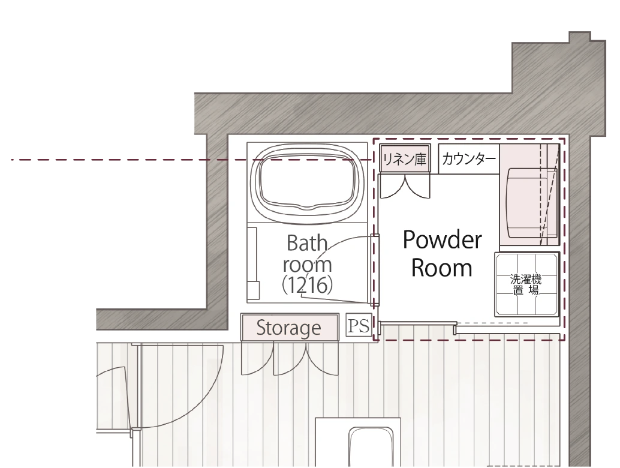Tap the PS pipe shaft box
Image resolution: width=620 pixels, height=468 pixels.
point(359,325)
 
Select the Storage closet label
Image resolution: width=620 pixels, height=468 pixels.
point(288,328)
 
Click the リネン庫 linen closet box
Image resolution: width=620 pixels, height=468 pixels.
point(405,158)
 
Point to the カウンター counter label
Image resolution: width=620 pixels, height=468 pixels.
point(468,159)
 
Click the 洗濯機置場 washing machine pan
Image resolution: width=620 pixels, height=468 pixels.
point(526,284)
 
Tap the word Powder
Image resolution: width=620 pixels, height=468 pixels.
point(443,240)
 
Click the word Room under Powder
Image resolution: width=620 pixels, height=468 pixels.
point(442,268)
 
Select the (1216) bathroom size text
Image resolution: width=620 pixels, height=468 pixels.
point(307,284)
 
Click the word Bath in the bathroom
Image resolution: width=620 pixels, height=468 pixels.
point(307,243)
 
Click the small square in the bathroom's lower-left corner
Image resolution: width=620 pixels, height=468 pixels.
point(254,291)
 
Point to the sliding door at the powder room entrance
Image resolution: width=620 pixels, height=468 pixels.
point(418,323)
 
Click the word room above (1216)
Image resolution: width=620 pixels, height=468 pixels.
point(307,265)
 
